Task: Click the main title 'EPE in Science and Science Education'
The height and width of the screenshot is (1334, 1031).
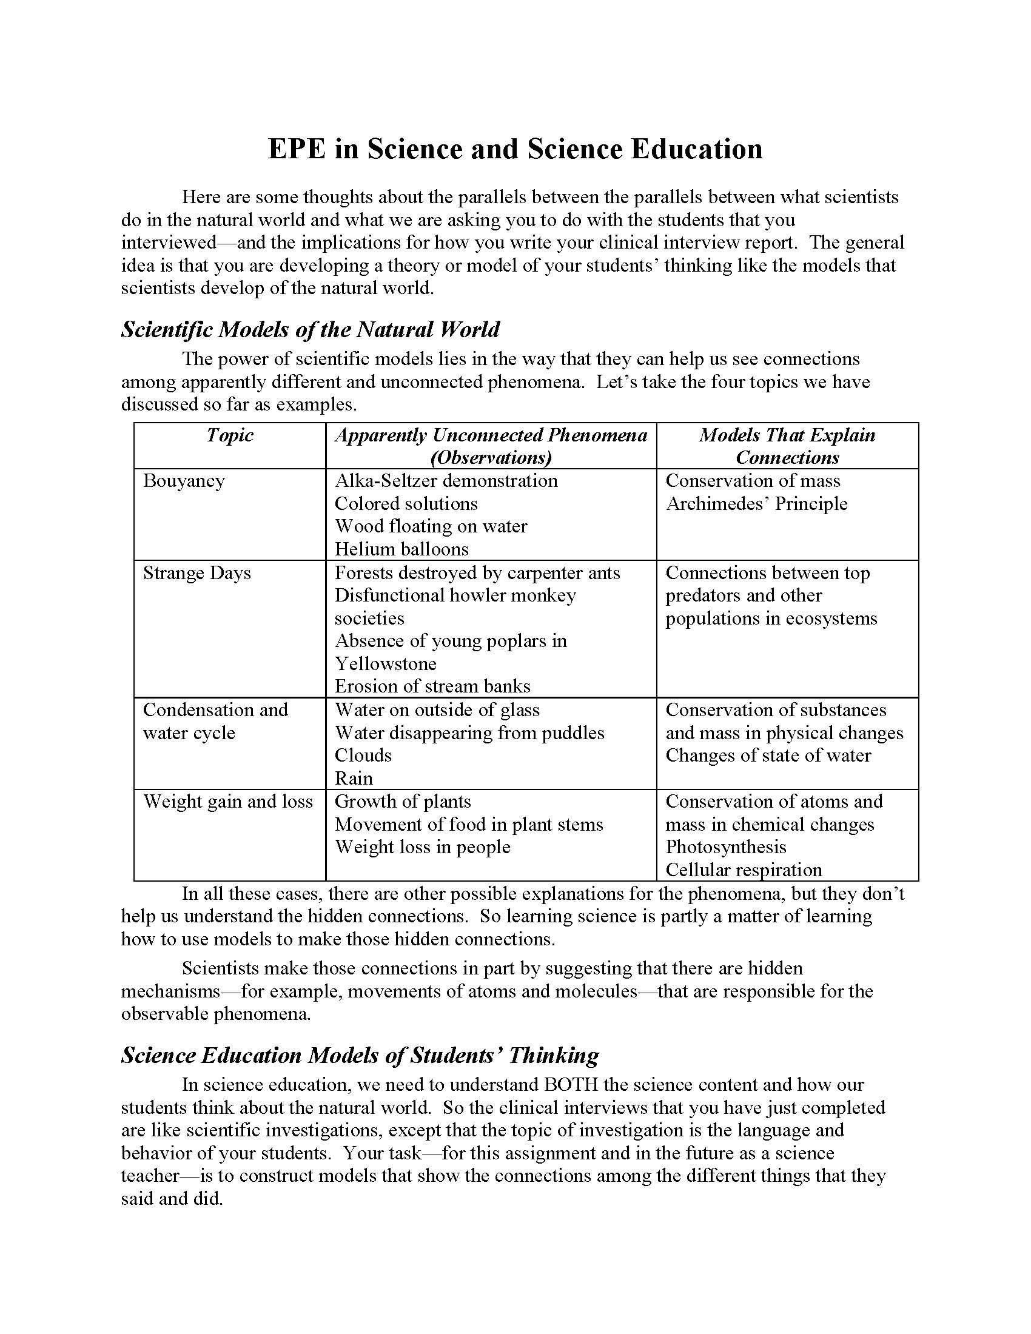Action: pyautogui.click(x=515, y=150)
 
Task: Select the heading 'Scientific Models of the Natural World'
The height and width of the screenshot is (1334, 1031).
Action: pyautogui.click(x=311, y=330)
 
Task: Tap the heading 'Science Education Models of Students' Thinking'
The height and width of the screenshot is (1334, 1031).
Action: pyautogui.click(x=360, y=1056)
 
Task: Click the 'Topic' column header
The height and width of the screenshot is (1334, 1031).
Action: pyautogui.click(x=230, y=435)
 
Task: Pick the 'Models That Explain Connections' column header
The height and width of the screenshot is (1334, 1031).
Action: pyautogui.click(x=787, y=446)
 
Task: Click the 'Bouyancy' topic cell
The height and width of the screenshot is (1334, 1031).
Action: pyautogui.click(x=184, y=481)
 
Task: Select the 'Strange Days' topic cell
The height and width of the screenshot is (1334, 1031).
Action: pyautogui.click(x=196, y=573)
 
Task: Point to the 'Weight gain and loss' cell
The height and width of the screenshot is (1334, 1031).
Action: pyautogui.click(x=228, y=802)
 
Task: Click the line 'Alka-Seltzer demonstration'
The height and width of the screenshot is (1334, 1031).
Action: pyautogui.click(x=446, y=481)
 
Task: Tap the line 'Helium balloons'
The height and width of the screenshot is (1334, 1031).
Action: pyautogui.click(x=401, y=549)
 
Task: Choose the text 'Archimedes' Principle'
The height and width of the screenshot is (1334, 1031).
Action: pyautogui.click(x=756, y=504)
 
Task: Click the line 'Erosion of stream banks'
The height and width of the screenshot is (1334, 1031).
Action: pyautogui.click(x=432, y=686)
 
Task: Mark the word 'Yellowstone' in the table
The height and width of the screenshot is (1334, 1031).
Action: pyautogui.click(x=385, y=664)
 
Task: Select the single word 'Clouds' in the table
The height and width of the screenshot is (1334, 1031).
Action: pyautogui.click(x=363, y=756)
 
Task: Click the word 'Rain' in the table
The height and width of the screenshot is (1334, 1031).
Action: pyautogui.click(x=354, y=779)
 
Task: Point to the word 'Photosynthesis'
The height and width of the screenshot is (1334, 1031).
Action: pyautogui.click(x=725, y=847)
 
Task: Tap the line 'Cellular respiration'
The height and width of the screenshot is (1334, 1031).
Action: pyautogui.click(x=744, y=870)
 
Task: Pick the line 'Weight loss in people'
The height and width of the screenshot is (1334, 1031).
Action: pyautogui.click(x=422, y=847)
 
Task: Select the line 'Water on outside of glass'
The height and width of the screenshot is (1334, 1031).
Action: pyautogui.click(x=437, y=711)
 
